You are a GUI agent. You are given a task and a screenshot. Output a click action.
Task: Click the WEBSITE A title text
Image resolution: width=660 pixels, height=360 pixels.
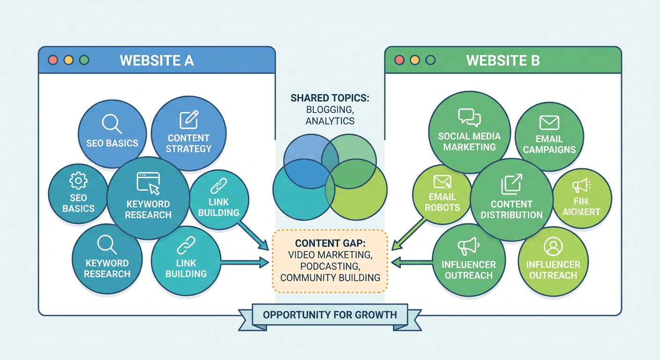click(157, 60)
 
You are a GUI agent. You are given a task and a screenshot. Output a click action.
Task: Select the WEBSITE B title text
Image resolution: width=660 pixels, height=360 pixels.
click(503, 60)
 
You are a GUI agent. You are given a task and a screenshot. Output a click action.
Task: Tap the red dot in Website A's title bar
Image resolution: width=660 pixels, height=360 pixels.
click(53, 60)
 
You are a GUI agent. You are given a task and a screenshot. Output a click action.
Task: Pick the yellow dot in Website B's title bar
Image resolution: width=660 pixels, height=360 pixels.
click(414, 60)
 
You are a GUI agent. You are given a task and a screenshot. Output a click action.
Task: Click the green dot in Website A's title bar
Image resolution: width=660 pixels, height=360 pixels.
click(84, 60)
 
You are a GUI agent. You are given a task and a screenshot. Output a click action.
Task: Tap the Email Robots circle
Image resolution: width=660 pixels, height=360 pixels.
click(442, 195)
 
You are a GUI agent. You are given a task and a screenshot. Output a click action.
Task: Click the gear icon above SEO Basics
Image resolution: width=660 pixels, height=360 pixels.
click(78, 181)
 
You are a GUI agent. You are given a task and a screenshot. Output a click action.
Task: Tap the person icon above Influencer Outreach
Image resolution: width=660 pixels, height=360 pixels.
click(553, 246)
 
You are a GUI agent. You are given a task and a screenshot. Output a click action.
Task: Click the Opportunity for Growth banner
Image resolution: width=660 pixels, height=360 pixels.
click(330, 315)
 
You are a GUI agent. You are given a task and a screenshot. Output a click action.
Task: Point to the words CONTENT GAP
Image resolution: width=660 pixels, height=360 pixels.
click(329, 244)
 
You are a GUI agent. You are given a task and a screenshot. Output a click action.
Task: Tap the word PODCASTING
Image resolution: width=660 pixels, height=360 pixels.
click(330, 266)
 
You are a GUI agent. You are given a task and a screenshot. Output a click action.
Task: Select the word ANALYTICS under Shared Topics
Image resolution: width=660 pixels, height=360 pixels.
click(330, 121)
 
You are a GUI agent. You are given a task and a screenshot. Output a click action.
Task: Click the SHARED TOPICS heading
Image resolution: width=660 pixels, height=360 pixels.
click(330, 98)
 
